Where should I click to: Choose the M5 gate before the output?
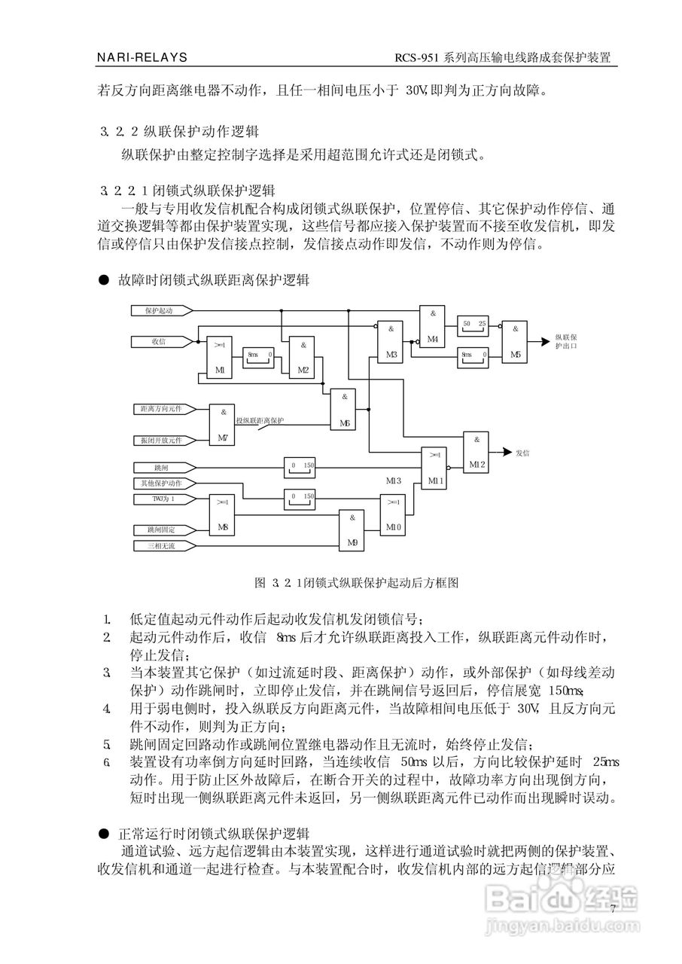click(515, 341)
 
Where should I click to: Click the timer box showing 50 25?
click(473, 325)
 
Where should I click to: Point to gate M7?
click(222, 425)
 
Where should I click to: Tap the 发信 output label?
click(522, 453)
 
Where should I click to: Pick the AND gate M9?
click(352, 529)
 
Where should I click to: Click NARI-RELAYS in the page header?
click(142, 57)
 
